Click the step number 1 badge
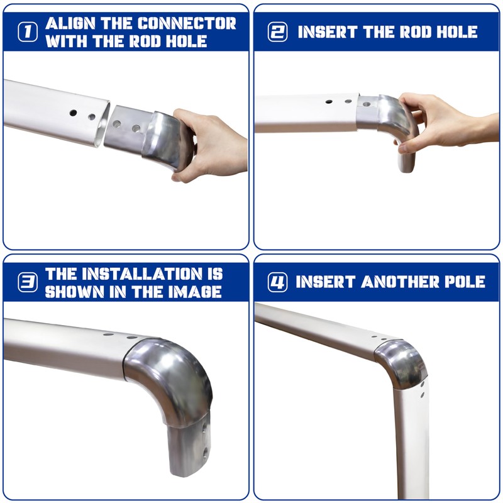pos(28,32)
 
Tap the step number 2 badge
pos(277,32)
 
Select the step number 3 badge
pos(28,282)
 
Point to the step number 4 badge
pos(277,282)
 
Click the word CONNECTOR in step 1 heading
pos(187,23)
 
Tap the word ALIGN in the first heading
pos(70,23)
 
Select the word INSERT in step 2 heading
pos(328,32)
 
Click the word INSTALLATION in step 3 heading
pos(142,274)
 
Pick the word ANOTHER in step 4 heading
pos(400,282)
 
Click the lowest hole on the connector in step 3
pos(205,452)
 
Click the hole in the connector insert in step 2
pos(367,104)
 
